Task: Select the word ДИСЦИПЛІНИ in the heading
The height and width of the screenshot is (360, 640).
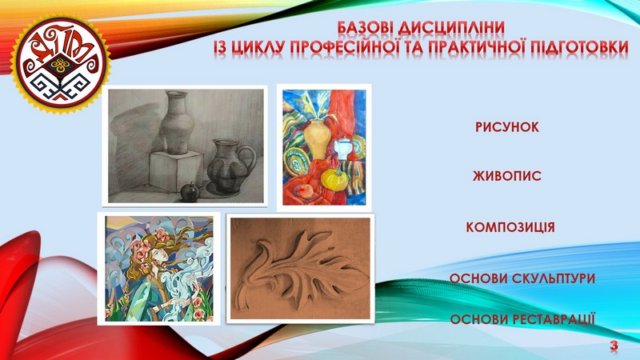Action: click(451, 28)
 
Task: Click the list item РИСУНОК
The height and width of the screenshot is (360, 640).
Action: click(507, 127)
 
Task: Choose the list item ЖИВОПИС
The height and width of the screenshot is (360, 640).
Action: click(507, 176)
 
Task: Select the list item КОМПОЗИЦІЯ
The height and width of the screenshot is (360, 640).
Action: click(510, 227)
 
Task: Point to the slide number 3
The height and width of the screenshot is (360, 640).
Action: click(614, 346)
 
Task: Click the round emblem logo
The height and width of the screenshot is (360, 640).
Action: click(61, 64)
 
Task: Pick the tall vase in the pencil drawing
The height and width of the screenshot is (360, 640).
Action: click(177, 122)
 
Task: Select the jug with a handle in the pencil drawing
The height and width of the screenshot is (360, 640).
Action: click(230, 166)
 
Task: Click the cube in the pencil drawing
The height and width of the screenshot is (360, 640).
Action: click(176, 171)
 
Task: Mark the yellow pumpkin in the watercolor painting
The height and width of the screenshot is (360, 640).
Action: click(334, 178)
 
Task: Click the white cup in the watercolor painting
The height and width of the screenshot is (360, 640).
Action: click(342, 148)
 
